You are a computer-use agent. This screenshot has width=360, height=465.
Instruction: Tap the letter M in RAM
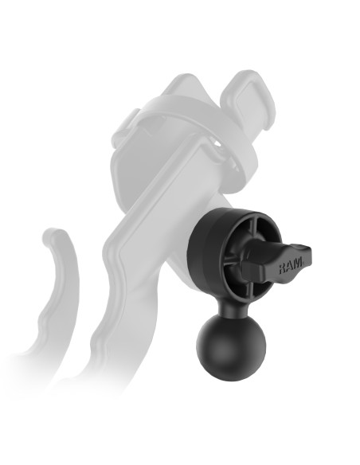299,267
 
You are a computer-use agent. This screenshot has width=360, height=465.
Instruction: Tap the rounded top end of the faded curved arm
53,236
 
